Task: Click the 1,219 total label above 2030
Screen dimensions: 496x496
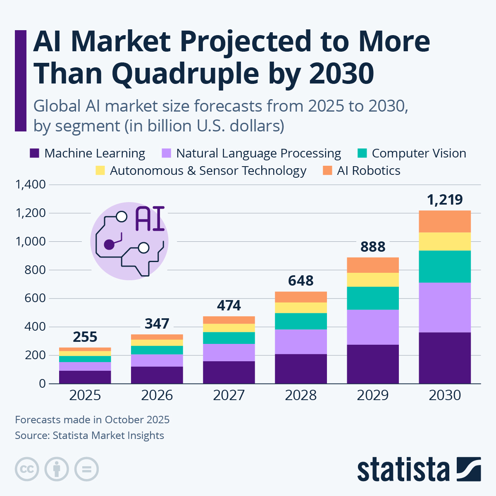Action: tap(445, 200)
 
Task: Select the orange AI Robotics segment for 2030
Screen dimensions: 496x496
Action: tap(445, 222)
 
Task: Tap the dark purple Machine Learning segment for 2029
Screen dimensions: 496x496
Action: tap(373, 364)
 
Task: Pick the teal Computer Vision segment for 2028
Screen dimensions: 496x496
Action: tap(301, 321)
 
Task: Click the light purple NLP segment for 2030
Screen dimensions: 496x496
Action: tap(445, 308)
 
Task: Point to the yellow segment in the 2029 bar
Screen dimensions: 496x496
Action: tap(373, 280)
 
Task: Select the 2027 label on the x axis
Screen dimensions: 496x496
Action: tap(229, 396)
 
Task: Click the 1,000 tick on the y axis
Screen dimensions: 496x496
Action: tap(31, 241)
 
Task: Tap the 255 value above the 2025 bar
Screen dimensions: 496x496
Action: tap(85, 337)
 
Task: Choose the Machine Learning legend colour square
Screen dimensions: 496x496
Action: tap(35, 154)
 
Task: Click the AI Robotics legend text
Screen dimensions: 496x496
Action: tap(369, 171)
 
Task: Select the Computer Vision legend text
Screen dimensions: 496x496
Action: tap(419, 153)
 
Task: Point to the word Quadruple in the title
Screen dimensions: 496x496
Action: tap(185, 74)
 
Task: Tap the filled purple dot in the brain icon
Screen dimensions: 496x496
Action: tap(109, 245)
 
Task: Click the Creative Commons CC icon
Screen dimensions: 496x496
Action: tap(27, 469)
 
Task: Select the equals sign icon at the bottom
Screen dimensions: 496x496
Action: tap(86, 469)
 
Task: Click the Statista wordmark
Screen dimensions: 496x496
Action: tap(403, 470)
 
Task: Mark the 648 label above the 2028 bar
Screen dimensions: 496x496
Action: tap(301, 281)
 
